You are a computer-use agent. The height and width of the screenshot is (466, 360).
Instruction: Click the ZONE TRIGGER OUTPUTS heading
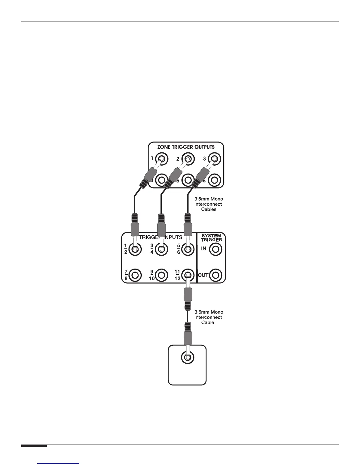coord(186,147)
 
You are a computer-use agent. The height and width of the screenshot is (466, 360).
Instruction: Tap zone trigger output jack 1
coord(162,159)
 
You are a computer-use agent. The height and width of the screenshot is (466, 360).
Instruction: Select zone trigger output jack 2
coord(188,159)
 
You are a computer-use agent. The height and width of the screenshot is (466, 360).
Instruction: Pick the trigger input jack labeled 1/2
coord(135,249)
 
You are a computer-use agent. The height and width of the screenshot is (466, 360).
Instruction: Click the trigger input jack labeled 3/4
coord(161,249)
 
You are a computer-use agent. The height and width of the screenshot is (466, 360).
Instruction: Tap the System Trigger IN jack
coord(216,249)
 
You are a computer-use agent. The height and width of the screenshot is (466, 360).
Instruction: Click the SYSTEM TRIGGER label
coord(211,238)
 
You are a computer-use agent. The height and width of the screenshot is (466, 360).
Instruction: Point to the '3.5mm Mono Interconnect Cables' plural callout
coord(209,204)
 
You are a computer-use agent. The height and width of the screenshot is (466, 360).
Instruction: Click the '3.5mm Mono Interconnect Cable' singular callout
coord(209,317)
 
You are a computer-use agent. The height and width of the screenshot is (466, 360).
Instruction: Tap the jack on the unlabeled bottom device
coord(187,358)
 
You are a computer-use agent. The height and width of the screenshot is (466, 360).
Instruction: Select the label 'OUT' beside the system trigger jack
coord(203,275)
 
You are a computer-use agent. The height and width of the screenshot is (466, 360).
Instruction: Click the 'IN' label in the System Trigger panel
coord(204,249)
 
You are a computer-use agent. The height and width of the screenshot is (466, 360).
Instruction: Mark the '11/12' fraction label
coord(177,275)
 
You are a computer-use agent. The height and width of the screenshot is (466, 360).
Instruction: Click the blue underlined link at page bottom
coord(59,463)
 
